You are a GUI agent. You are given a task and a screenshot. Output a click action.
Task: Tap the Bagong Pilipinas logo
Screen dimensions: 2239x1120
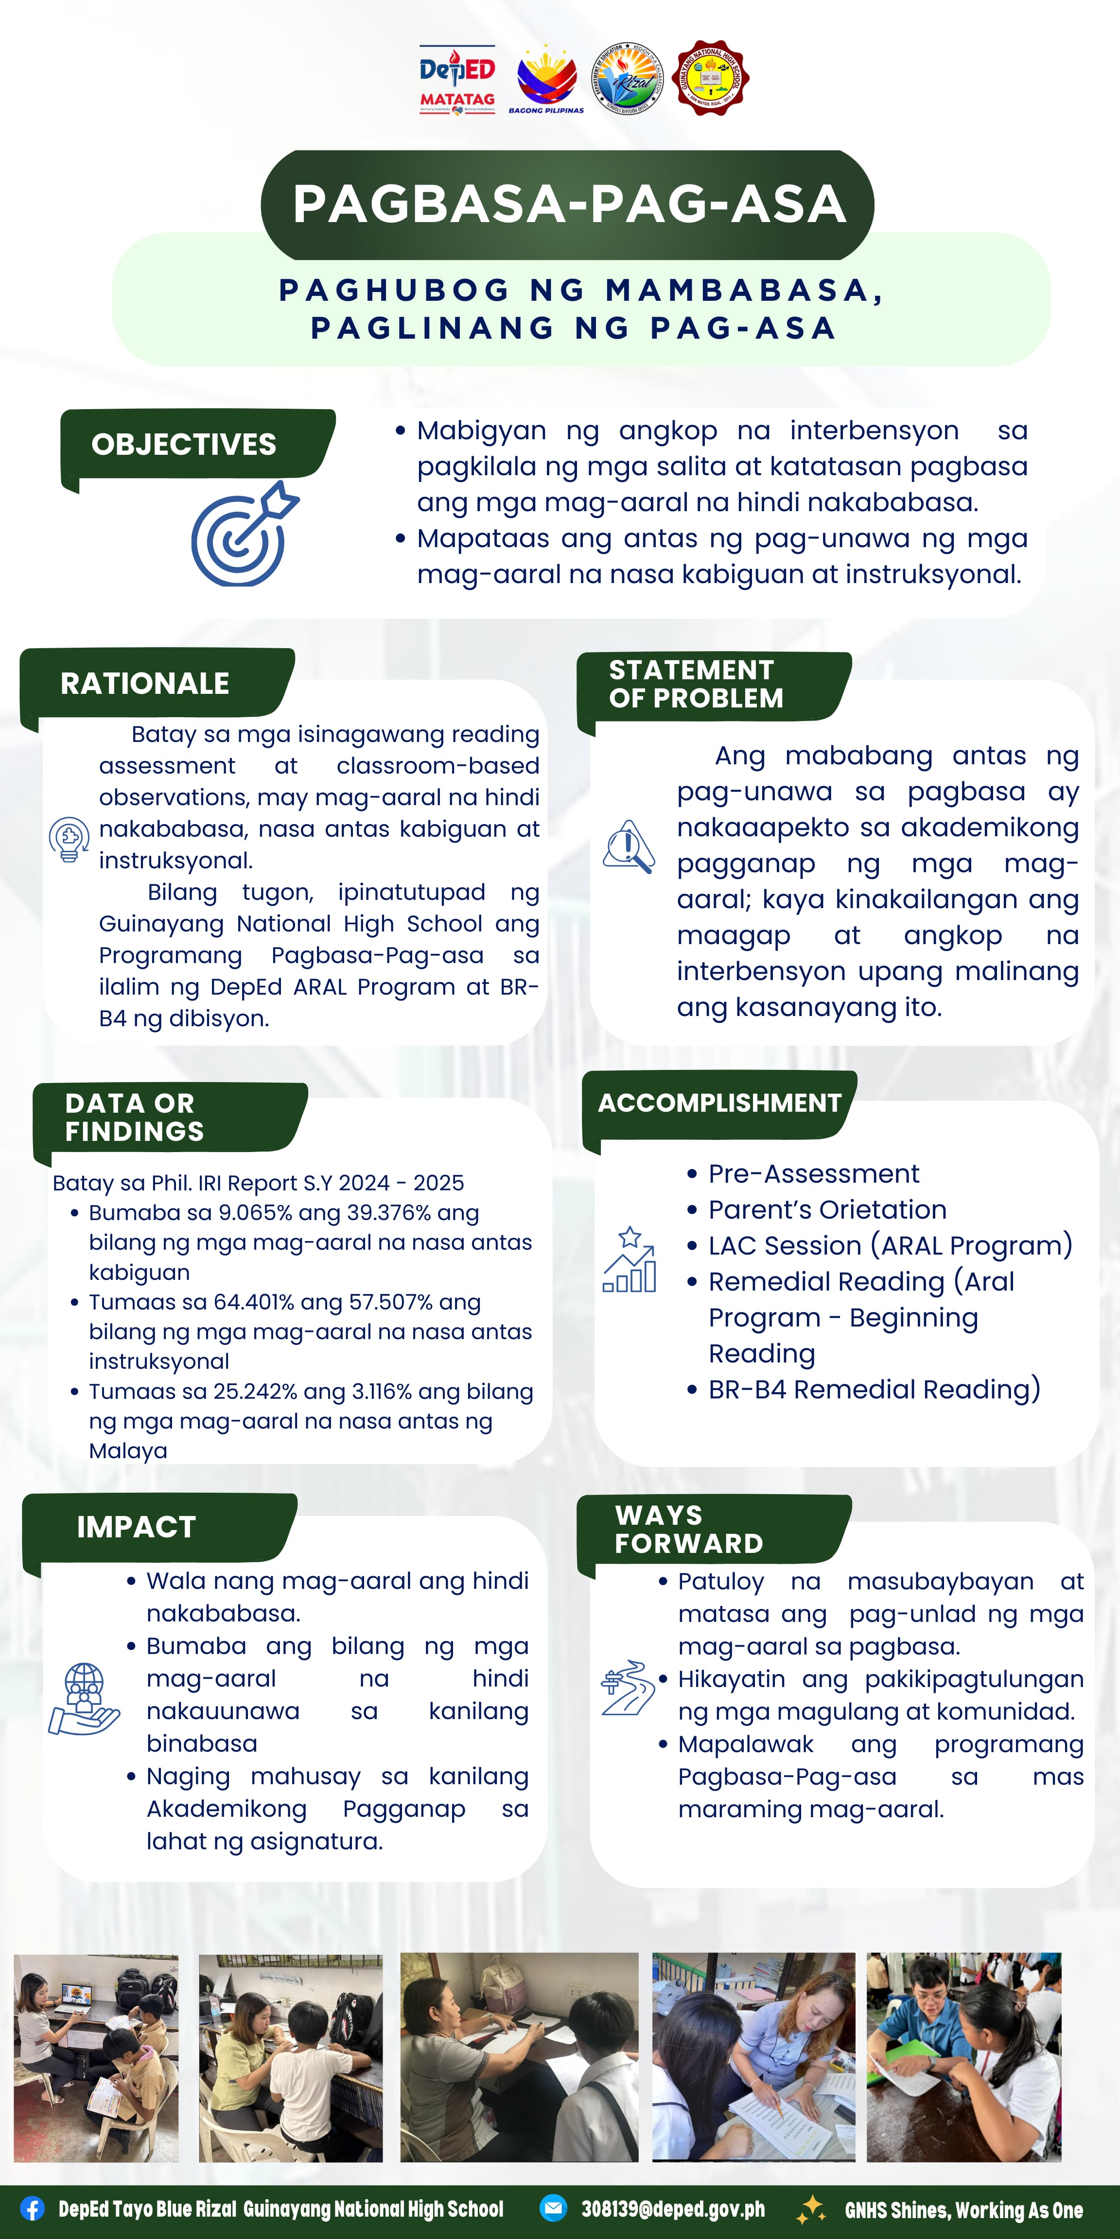tap(546, 81)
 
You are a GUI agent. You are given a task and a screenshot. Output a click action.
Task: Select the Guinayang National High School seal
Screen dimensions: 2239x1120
tap(711, 78)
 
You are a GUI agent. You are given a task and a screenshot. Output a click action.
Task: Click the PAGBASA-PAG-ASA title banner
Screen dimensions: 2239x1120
tap(568, 204)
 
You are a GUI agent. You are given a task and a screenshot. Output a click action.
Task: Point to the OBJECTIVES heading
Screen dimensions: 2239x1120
tap(184, 444)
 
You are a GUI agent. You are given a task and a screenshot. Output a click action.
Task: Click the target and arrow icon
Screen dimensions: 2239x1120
tap(244, 534)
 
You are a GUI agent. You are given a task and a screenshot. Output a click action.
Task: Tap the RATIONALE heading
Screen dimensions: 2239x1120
tap(145, 683)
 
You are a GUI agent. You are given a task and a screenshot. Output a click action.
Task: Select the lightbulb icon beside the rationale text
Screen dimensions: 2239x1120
tap(69, 839)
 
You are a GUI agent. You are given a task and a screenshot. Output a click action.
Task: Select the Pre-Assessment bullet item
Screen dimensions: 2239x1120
tap(813, 1173)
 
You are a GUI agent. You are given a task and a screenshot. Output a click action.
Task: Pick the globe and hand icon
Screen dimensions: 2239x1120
tap(84, 1699)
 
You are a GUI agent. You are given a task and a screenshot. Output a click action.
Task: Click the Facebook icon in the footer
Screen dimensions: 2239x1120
tap(32, 2208)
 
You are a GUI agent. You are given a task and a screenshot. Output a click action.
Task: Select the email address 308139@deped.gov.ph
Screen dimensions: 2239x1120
tap(673, 2208)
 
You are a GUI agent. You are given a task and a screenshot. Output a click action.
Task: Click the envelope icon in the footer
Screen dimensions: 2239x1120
tap(553, 2208)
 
